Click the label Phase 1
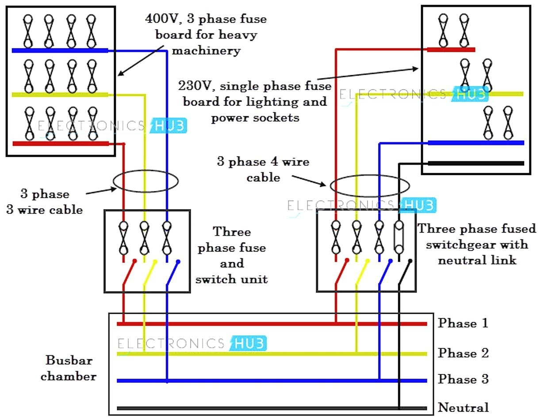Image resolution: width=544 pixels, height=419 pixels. tap(463, 323)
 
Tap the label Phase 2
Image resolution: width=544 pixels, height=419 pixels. tap(463, 353)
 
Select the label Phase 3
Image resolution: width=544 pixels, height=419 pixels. tap(463, 379)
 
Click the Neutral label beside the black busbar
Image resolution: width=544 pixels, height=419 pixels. tap(463, 407)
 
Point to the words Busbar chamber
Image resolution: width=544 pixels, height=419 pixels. tap(69, 368)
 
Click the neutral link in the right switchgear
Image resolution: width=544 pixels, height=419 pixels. tap(399, 238)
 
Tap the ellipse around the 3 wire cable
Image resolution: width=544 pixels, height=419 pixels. tap(146, 181)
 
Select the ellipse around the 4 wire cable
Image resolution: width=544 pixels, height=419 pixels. tap(370, 185)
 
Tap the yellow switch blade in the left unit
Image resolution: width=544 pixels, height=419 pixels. tap(149, 272)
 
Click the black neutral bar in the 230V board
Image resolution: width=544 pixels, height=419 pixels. tap(475, 163)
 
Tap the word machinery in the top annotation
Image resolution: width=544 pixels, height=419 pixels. tap(206, 51)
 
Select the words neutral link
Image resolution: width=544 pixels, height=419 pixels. tap(477, 260)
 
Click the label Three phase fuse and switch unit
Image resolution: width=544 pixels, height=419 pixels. tap(232, 255)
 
